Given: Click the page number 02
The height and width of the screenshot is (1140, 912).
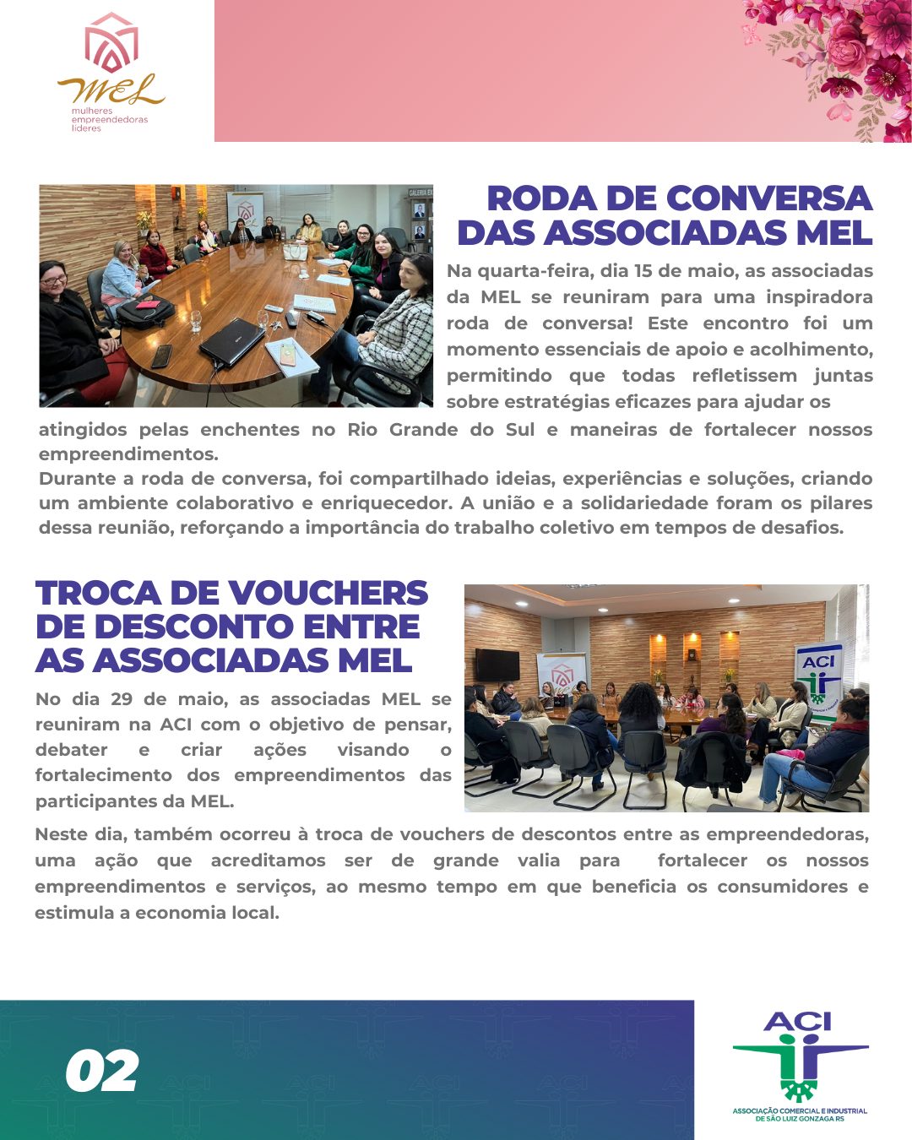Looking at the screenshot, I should pos(102,1071).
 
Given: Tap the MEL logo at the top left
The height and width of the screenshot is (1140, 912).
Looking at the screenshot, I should pos(111,72).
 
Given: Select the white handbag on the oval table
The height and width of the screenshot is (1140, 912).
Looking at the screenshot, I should pos(295,251).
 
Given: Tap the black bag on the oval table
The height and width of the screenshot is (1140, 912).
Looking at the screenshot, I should pos(145,312).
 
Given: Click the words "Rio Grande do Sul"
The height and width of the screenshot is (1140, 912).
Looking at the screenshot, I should pos(441,429).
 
